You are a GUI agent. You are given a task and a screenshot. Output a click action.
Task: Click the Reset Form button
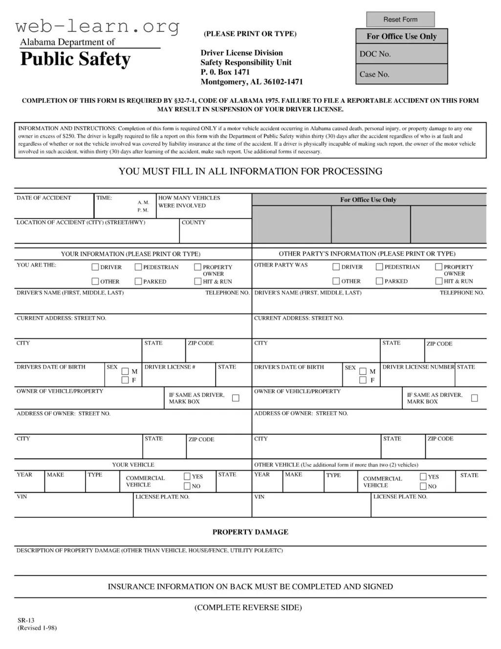point(400,20)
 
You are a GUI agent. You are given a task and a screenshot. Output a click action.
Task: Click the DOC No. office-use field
point(401,54)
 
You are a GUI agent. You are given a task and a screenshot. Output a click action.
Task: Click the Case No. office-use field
point(401,74)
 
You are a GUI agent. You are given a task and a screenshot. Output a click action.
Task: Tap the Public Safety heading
point(75,59)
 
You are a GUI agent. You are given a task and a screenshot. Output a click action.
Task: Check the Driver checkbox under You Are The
point(95,267)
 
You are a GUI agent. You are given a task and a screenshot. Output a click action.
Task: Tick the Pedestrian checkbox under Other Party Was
point(379,267)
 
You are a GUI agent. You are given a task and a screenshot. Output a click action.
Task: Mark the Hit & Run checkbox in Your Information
point(197,281)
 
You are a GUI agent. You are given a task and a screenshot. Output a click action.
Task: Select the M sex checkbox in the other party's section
point(363,371)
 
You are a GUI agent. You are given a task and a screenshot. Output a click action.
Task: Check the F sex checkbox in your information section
point(125,380)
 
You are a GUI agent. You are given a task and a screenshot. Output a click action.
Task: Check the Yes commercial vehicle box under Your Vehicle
point(187,476)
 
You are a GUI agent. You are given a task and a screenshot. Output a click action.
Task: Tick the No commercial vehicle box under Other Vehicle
point(423,486)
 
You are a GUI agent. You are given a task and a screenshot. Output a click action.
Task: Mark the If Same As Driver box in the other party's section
point(474,398)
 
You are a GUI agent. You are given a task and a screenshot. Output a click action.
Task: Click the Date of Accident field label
point(44,198)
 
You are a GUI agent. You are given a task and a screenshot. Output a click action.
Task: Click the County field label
point(194,223)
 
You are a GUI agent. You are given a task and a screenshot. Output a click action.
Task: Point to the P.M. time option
point(143,210)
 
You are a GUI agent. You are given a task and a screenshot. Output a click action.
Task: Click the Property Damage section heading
point(250,532)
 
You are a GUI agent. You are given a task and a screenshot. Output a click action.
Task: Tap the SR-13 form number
point(26,620)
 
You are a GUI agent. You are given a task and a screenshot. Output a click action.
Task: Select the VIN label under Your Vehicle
point(22,497)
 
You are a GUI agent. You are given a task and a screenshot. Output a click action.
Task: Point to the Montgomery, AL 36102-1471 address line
point(252,82)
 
